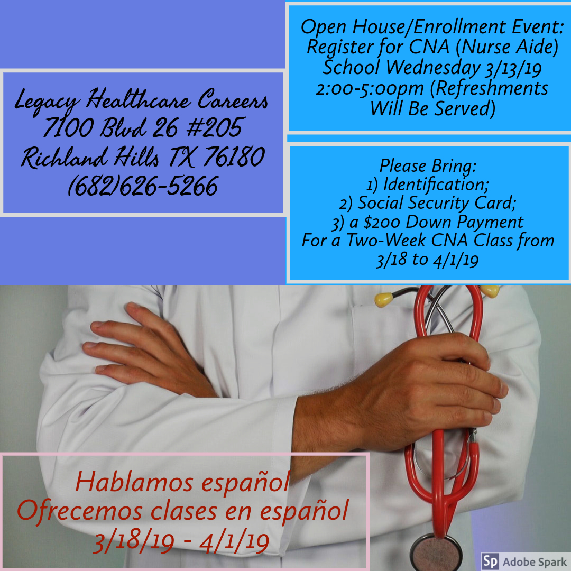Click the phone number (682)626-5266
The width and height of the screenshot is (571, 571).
(x=143, y=186)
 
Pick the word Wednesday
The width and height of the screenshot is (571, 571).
(x=428, y=67)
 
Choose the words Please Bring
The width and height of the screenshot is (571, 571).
(x=428, y=166)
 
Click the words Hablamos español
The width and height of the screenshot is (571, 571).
(x=182, y=482)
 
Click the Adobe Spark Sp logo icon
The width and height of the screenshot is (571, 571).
(x=490, y=560)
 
